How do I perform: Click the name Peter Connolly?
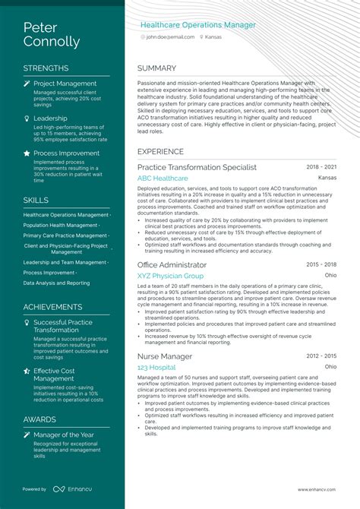pyautogui.click(x=51, y=35)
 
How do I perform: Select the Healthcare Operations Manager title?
pyautogui.click(x=197, y=25)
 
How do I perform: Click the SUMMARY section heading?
pyautogui.click(x=156, y=68)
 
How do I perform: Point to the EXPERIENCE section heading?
pyautogui.click(x=160, y=151)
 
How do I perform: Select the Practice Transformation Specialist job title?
pyautogui.click(x=197, y=167)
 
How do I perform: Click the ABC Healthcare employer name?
pyautogui.click(x=163, y=178)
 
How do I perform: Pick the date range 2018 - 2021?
pyautogui.click(x=321, y=167)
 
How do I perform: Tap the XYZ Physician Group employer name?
pyautogui.click(x=170, y=276)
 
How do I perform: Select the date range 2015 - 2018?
pyautogui.click(x=321, y=264)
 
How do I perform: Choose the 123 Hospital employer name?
pyautogui.click(x=156, y=367)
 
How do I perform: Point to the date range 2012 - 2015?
pyautogui.click(x=321, y=356)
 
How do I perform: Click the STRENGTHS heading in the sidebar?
pyautogui.click(x=46, y=68)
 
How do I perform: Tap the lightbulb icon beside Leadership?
pyautogui.click(x=27, y=119)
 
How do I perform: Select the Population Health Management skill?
pyautogui.click(x=61, y=226)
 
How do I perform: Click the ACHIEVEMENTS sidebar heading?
pyautogui.click(x=52, y=307)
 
